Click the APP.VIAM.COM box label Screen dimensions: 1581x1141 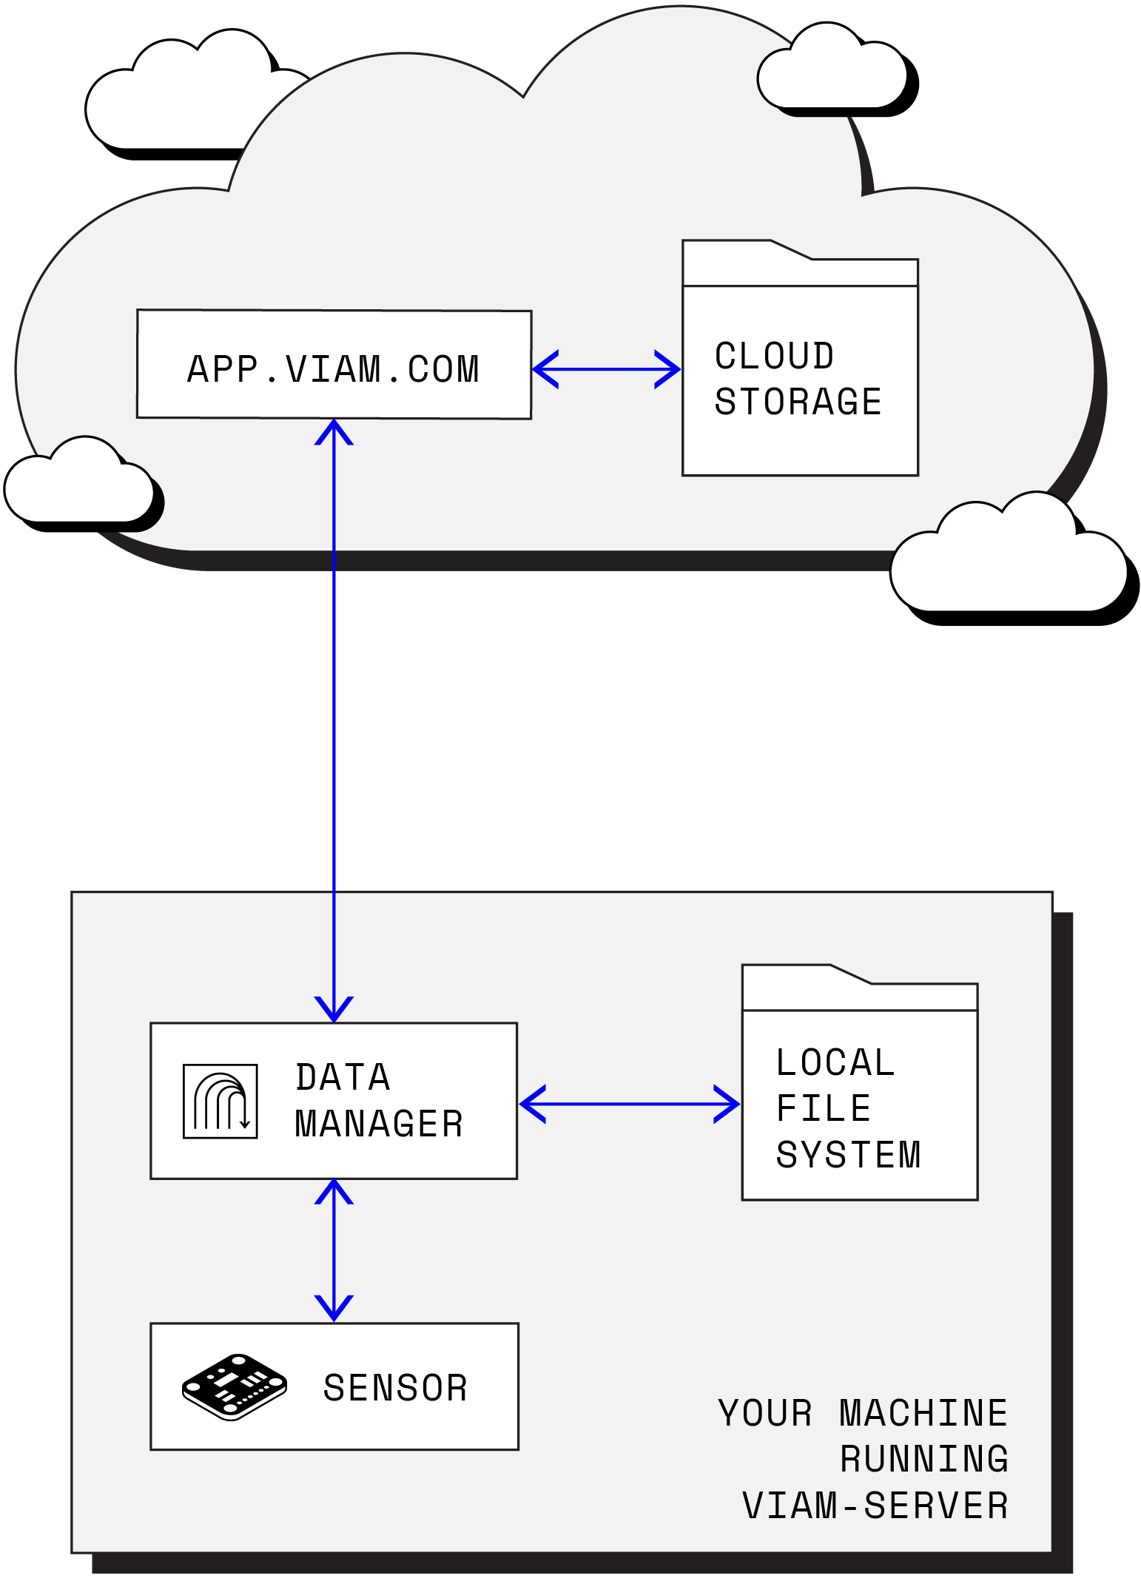333,369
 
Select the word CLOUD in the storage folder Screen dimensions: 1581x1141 774,356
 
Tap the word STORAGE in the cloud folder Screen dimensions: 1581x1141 798,402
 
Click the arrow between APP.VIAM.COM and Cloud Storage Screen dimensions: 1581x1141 606,369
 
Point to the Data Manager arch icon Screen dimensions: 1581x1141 220,1101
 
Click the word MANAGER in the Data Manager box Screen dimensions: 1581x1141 379,1124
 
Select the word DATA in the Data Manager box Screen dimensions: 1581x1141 343,1077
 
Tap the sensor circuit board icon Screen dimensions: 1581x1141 234,1386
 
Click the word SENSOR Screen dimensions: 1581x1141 395,1388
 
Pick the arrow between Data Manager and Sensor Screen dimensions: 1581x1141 334,1250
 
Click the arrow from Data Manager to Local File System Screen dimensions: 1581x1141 629,1104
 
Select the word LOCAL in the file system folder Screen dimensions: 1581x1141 835,1062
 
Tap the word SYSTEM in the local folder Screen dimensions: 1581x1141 848,1155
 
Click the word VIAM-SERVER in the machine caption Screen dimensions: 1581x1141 875,1506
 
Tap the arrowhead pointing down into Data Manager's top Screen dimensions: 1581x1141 334,1011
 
